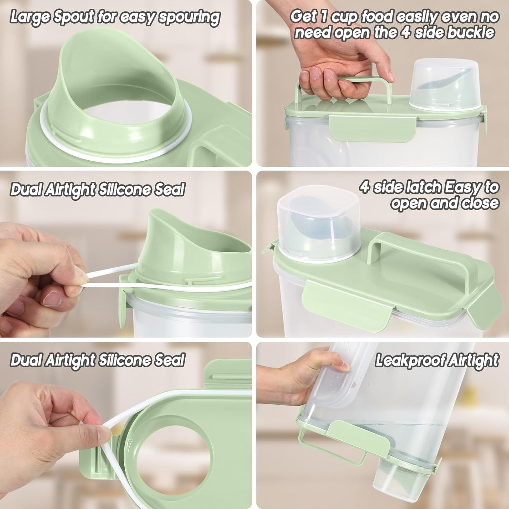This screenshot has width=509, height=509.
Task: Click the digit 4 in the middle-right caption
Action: [x=365, y=187]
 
